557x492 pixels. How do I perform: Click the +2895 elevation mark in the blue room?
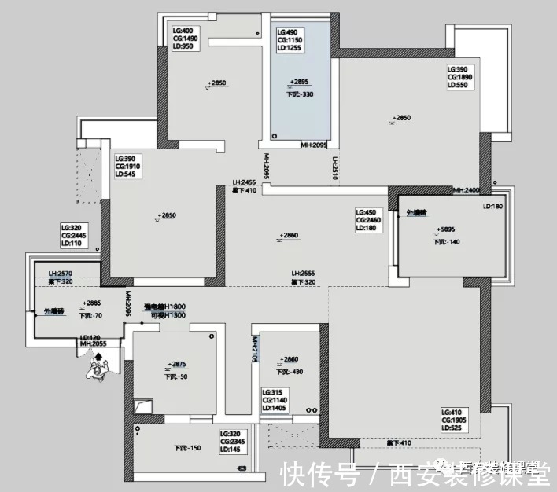[299, 82]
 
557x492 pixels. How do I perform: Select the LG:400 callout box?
[186, 39]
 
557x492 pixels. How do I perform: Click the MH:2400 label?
[467, 190]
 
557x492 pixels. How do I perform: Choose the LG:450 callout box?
[370, 221]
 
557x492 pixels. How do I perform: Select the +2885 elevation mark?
[92, 303]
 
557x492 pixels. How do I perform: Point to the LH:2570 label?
[61, 273]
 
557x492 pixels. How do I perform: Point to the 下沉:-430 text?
[290, 372]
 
